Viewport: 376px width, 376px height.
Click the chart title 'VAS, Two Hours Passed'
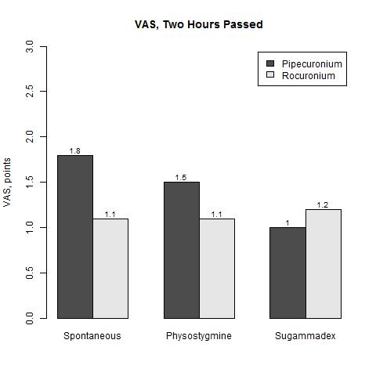pos(199,24)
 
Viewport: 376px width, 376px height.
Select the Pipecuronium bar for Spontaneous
pos(75,237)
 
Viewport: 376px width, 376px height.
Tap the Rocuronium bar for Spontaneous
pos(110,269)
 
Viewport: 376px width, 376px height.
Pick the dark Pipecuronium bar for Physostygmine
pos(182,250)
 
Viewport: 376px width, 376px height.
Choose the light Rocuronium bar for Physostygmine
pos(217,269)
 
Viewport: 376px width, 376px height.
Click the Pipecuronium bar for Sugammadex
pos(287,273)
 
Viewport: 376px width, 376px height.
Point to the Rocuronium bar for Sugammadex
pos(324,264)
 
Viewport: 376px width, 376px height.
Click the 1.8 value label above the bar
pos(75,151)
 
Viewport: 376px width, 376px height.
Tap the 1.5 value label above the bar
pos(181,178)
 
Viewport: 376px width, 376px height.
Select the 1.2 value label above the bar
pos(323,205)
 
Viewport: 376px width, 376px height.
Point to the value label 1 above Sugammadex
pos(287,223)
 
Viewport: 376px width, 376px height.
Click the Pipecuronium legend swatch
pos(270,63)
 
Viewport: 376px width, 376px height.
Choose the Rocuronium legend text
pos(309,76)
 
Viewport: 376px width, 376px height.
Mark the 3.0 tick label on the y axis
pos(30,46)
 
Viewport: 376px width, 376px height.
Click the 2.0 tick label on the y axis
pos(30,136)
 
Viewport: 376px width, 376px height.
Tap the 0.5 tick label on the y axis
pos(30,273)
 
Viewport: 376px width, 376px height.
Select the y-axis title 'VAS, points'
pos(7,183)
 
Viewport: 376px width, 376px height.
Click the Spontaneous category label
pos(92,336)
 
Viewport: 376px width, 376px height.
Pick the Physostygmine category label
pos(199,336)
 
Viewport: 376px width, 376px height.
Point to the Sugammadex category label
pos(305,336)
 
